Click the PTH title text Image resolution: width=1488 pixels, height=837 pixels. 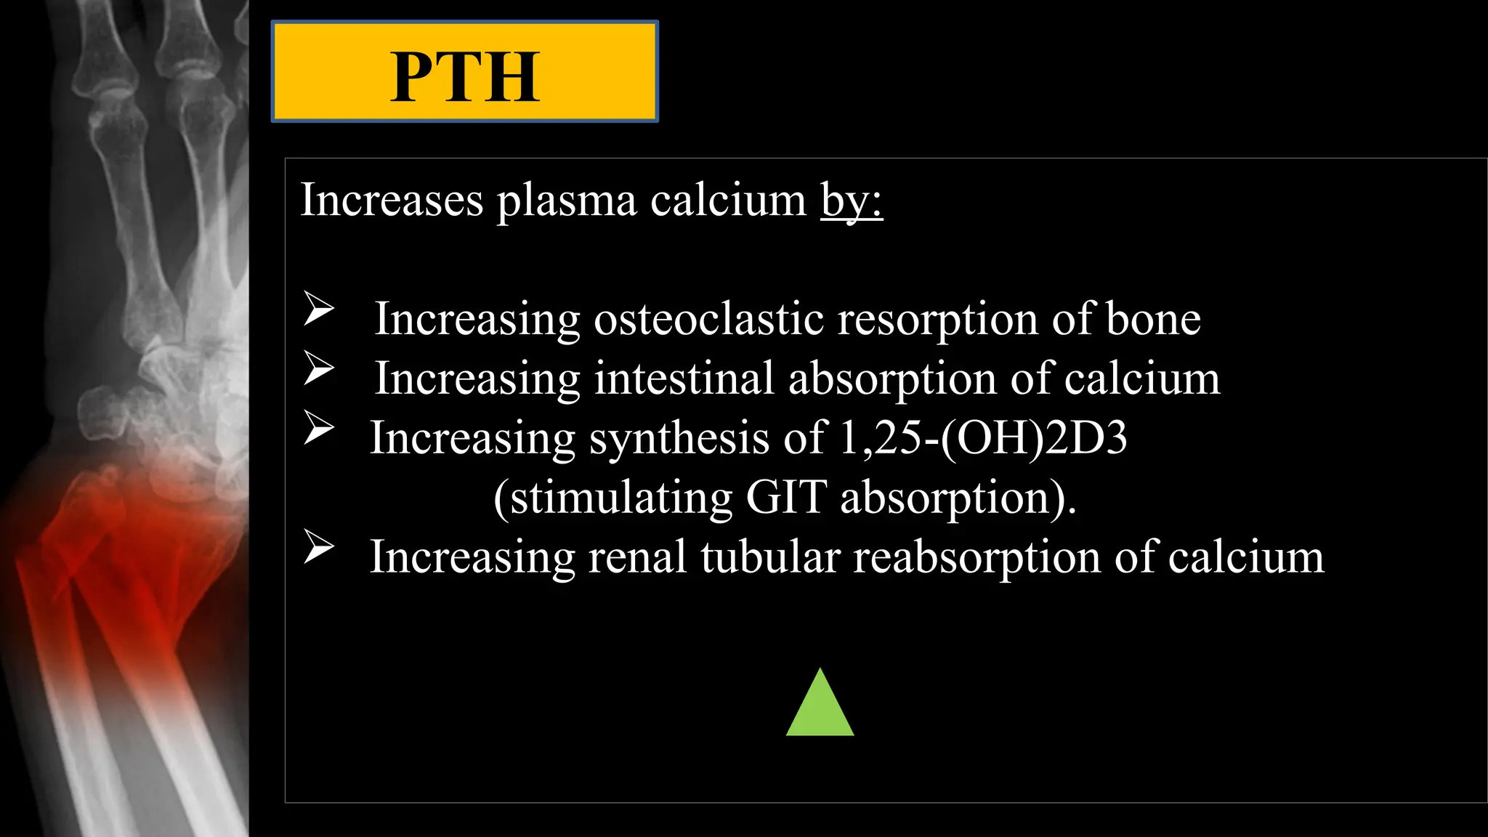click(465, 77)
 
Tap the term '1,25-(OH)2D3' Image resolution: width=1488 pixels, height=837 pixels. click(982, 438)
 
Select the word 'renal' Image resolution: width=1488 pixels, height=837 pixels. click(637, 557)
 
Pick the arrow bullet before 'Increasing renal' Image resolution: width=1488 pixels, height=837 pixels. click(318, 546)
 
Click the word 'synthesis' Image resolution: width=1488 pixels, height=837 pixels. click(679, 438)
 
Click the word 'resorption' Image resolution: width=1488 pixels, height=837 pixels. click(938, 319)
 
